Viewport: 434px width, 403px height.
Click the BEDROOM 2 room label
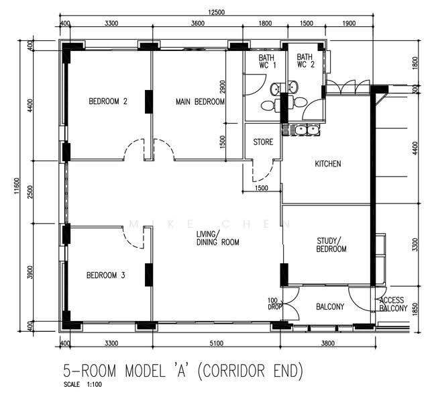[108, 101]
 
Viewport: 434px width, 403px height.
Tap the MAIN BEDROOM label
[200, 101]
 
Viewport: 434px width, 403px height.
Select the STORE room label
[263, 142]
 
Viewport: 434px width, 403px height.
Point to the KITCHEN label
[328, 163]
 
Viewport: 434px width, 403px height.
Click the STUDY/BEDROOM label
[331, 244]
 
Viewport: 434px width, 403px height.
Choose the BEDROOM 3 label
[106, 275]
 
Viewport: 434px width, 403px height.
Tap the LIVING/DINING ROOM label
[218, 238]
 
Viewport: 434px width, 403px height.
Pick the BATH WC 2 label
[306, 60]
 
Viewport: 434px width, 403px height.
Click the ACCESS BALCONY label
[393, 304]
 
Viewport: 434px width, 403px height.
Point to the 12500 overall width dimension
[217, 12]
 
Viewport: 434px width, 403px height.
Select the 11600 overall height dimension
[17, 186]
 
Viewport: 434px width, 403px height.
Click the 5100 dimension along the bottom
[217, 343]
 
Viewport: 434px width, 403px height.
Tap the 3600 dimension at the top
[198, 24]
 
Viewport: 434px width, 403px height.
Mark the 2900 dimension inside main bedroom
[222, 87]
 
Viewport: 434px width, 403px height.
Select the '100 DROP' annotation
[274, 304]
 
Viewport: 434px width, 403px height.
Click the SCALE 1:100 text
[83, 384]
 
